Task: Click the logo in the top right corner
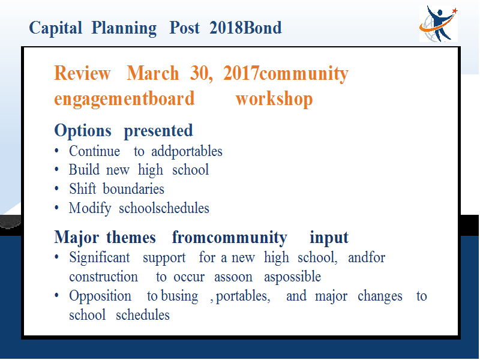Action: pyautogui.click(x=439, y=23)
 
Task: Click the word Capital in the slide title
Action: pyautogui.click(x=55, y=28)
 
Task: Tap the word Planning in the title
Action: pyautogui.click(x=124, y=28)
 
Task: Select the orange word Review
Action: pyautogui.click(x=82, y=73)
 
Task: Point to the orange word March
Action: pyautogui.click(x=153, y=73)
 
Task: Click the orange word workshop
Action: pyautogui.click(x=274, y=99)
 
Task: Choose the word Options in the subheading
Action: pyautogui.click(x=83, y=131)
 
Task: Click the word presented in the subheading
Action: pyautogui.click(x=158, y=131)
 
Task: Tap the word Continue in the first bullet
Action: pyautogui.click(x=94, y=151)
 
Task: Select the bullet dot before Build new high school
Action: pyautogui.click(x=56, y=169)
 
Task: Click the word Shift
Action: pyautogui.click(x=82, y=188)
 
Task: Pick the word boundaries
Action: pyautogui.click(x=133, y=188)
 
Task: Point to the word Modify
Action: pyautogui.click(x=90, y=209)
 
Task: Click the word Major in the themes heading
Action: pyautogui.click(x=77, y=238)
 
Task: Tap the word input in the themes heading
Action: pyautogui.click(x=329, y=238)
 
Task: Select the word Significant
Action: pyautogui.click(x=100, y=257)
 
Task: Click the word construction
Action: pyautogui.click(x=103, y=277)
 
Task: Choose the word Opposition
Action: pyautogui.click(x=100, y=296)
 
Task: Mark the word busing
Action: pyautogui.click(x=179, y=296)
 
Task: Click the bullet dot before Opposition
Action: pyautogui.click(x=56, y=296)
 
